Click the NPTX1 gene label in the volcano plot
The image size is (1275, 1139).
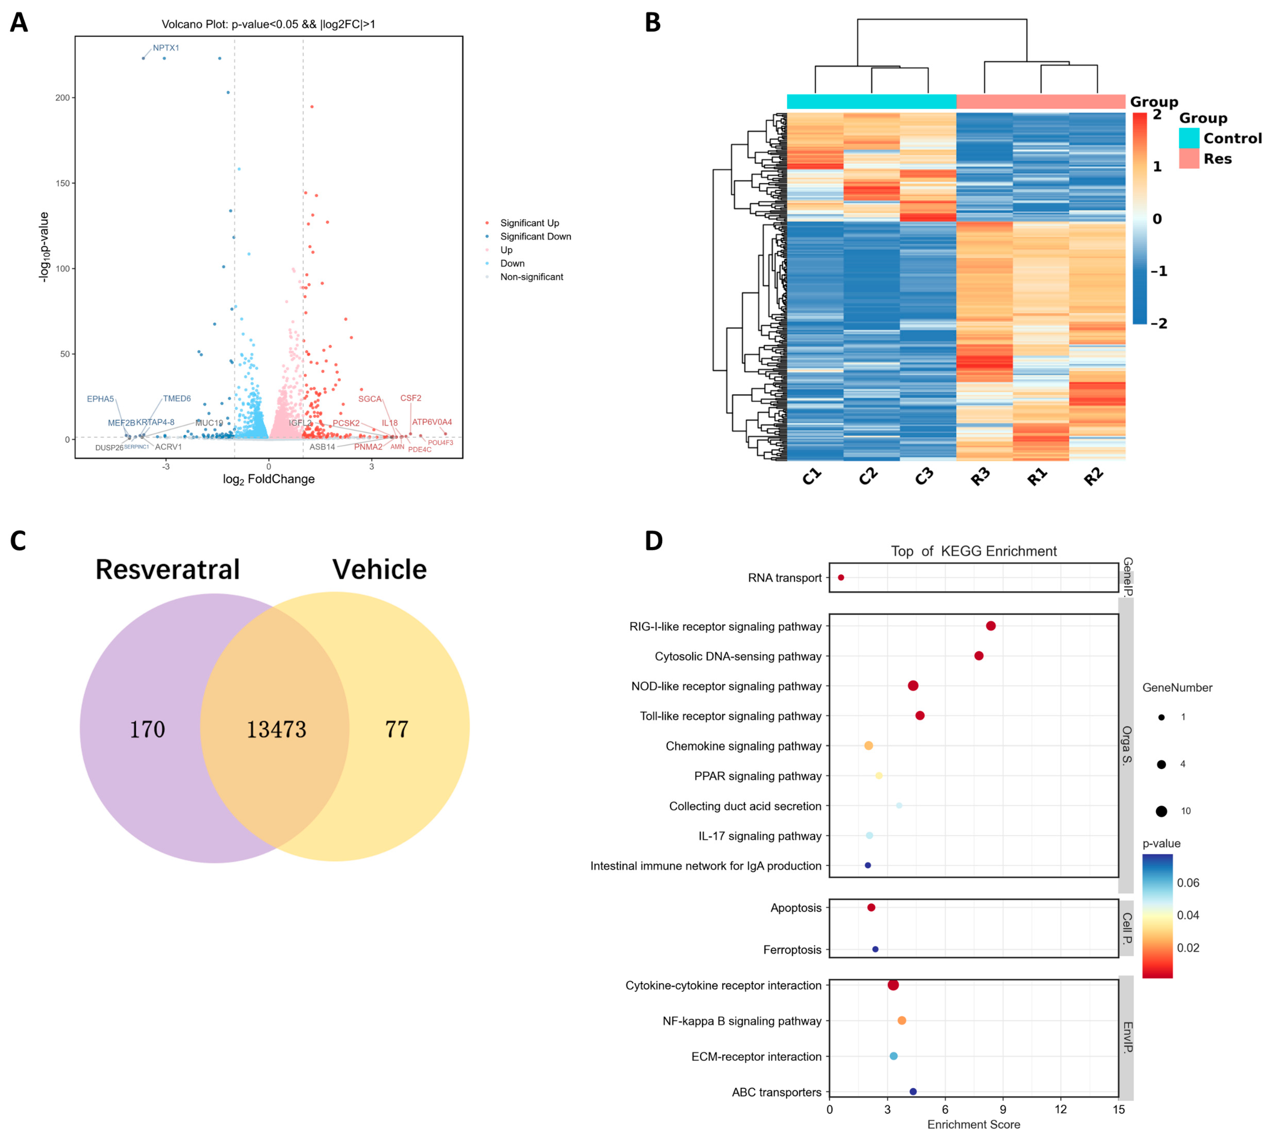tap(166, 47)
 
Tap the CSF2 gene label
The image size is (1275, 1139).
tap(411, 398)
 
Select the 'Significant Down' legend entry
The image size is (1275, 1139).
tap(535, 237)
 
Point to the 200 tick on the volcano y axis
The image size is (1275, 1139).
tap(63, 98)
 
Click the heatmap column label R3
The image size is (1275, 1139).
tap(980, 477)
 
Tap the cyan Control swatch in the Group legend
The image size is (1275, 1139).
tap(1188, 138)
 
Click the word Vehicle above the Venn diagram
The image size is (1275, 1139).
tap(379, 569)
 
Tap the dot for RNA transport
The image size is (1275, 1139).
tap(841, 578)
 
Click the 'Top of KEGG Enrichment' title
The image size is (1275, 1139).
tap(973, 551)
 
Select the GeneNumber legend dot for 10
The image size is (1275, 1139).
tap(1161, 811)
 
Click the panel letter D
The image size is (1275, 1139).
tap(653, 541)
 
